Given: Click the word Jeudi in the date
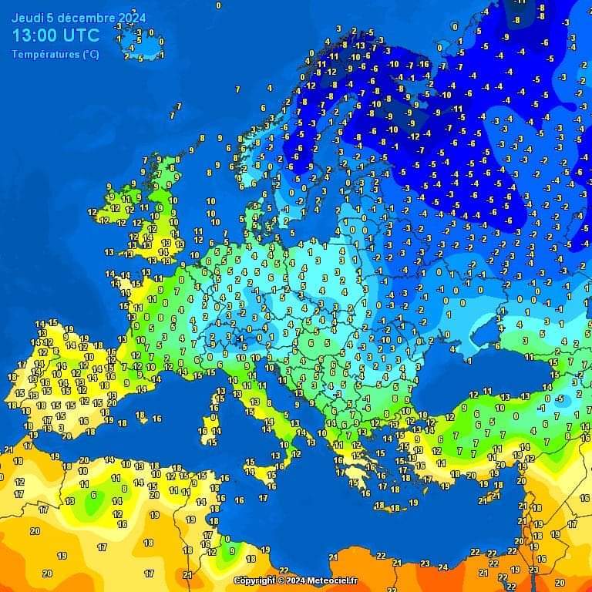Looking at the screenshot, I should (x=27, y=17).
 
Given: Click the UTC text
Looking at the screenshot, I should (x=84, y=35).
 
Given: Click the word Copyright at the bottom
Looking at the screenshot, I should (x=255, y=580).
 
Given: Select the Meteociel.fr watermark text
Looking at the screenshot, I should (x=332, y=580).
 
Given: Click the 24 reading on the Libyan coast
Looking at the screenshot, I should (x=442, y=567).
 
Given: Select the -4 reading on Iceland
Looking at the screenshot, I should (x=130, y=47).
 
